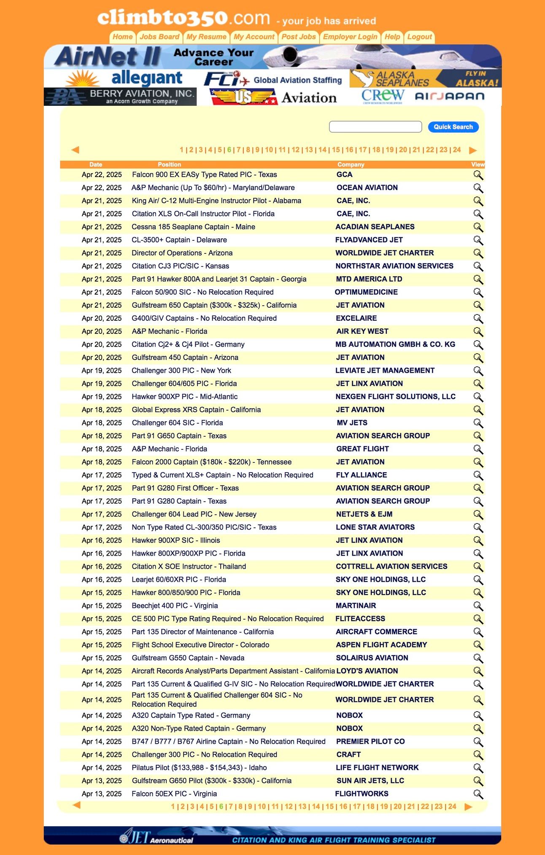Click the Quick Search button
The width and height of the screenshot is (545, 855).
click(453, 127)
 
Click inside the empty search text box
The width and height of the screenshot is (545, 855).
click(375, 127)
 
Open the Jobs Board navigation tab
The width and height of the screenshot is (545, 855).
click(159, 37)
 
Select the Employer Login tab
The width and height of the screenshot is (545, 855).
click(350, 37)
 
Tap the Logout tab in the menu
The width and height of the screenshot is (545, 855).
click(419, 37)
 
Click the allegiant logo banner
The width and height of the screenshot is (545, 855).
click(125, 78)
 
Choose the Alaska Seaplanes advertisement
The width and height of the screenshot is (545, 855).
click(425, 79)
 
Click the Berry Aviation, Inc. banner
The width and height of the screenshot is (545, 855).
click(120, 97)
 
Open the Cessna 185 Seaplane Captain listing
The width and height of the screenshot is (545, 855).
click(193, 227)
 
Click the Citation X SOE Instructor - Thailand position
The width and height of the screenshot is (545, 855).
click(189, 566)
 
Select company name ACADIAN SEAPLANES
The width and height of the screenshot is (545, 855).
click(375, 227)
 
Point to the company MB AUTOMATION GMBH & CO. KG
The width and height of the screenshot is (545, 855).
click(395, 344)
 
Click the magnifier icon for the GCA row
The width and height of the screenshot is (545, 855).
click(478, 175)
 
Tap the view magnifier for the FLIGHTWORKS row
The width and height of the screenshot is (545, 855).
click(478, 794)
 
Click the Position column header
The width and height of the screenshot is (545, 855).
click(169, 164)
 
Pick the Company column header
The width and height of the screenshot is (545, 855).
click(351, 164)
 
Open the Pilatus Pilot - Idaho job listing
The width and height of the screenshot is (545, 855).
click(199, 768)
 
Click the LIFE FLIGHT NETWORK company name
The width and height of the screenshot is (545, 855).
click(377, 768)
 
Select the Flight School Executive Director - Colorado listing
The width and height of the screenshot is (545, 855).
click(200, 645)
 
